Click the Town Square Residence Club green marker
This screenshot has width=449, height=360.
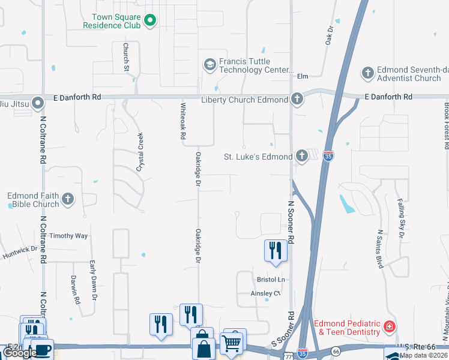pyautogui.click(x=150, y=22)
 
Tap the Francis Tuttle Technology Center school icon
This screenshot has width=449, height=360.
pyautogui.click(x=209, y=65)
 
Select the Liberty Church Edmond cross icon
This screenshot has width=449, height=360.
pyautogui.click(x=296, y=99)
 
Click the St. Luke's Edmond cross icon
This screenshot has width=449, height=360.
pyautogui.click(x=301, y=157)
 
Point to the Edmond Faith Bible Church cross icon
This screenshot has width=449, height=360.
pyautogui.click(x=68, y=199)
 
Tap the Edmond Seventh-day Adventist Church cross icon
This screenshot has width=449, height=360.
pyautogui.click(x=368, y=74)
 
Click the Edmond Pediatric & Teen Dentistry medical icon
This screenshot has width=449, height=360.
pyautogui.click(x=390, y=327)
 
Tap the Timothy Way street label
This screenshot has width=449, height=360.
pyautogui.click(x=68, y=236)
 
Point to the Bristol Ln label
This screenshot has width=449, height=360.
pyautogui.click(x=270, y=280)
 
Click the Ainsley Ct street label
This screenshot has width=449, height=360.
pyautogui.click(x=265, y=293)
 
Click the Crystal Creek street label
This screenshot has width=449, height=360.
pyautogui.click(x=139, y=152)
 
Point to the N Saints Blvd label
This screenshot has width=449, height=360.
pyautogui.click(x=379, y=248)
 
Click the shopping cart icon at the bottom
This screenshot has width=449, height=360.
pyautogui.click(x=231, y=343)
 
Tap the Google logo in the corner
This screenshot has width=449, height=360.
pyautogui.click(x=20, y=353)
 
